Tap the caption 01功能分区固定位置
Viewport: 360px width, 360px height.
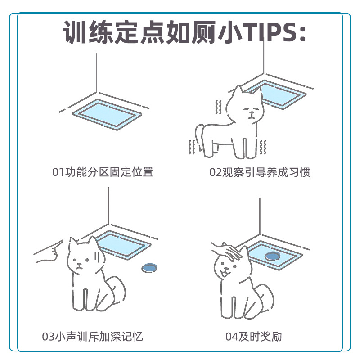103,172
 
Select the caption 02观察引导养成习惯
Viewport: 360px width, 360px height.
260,172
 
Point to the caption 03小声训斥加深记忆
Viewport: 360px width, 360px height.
92,337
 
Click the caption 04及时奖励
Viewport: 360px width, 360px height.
253,337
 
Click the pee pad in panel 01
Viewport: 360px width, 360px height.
107,114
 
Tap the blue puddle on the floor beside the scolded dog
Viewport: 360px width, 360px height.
149,268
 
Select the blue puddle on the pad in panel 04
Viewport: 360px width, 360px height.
273,256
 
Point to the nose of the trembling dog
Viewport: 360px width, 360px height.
252,113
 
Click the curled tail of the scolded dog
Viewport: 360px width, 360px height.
117,290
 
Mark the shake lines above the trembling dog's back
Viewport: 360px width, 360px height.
218,107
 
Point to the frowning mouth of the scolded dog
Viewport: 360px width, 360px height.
79,267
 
